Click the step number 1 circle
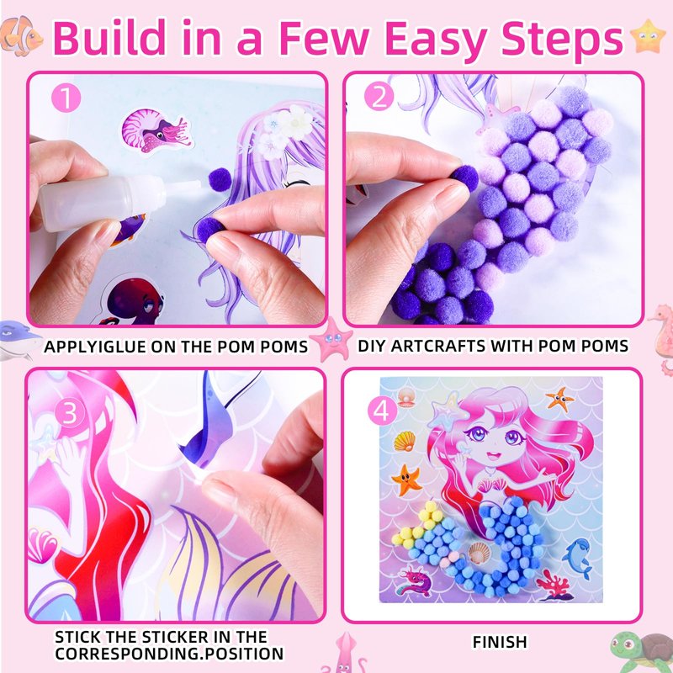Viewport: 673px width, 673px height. coord(66,98)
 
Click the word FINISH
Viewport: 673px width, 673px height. coord(500,642)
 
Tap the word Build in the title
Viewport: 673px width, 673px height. coord(109,37)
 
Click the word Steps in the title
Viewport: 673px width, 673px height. coord(562,39)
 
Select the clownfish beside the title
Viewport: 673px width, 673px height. coord(21,36)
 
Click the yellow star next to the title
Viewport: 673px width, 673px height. coord(648,36)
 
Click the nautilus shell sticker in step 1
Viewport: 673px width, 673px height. coord(155,130)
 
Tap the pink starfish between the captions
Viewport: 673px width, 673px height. coord(331,340)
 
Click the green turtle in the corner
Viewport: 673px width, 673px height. coord(641,652)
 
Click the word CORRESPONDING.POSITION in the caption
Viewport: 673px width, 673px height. coord(169,654)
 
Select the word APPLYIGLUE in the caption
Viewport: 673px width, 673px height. coord(95,347)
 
